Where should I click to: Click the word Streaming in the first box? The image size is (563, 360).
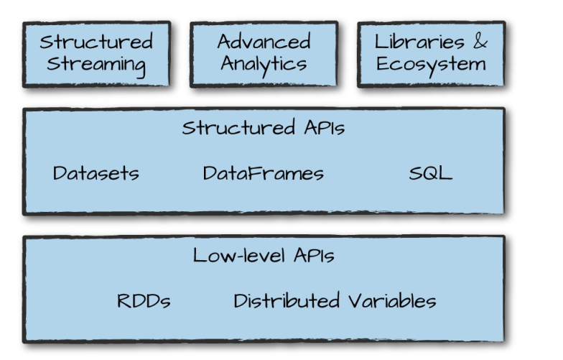97,64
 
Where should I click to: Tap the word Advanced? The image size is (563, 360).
264,41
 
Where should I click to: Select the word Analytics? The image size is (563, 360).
264,64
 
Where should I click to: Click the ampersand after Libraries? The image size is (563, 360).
480,41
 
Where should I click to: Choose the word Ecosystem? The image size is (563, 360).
431,64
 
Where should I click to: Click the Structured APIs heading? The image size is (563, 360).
264,129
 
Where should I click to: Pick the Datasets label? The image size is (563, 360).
96,173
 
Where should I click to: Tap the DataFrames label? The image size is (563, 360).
263,173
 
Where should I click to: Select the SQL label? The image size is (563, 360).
431,173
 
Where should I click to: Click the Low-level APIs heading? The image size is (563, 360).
264,255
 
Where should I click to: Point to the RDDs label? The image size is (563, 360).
144,300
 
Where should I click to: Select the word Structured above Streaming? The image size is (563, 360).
97,41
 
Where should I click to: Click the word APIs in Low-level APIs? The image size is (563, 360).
313,255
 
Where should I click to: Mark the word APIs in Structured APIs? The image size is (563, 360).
320,129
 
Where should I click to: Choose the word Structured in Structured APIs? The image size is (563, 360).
235,129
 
